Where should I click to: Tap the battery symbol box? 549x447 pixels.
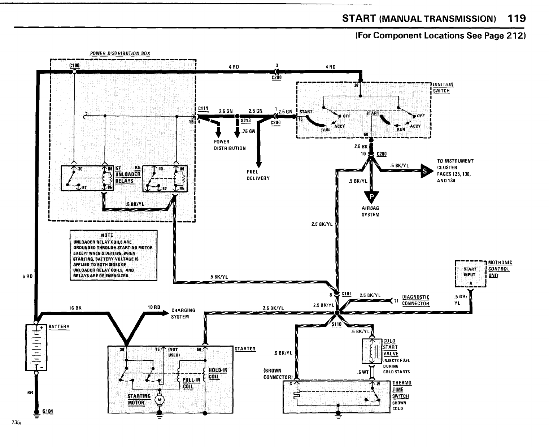[x=36, y=347]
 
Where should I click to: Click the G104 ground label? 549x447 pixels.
[x=47, y=411]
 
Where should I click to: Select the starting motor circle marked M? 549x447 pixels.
[x=159, y=399]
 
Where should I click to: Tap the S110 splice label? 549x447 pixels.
[x=336, y=324]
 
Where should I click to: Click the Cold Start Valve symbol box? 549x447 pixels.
[x=372, y=351]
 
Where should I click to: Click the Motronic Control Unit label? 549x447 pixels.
[x=500, y=269]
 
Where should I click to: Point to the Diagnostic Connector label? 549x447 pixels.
[x=415, y=300]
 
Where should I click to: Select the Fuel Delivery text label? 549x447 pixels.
[x=258, y=175]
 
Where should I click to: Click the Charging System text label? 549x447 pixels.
[x=183, y=313]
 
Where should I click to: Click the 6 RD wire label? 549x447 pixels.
[x=27, y=277]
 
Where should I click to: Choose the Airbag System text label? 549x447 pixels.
[x=370, y=211]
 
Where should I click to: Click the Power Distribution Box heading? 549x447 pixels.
[x=120, y=54]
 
